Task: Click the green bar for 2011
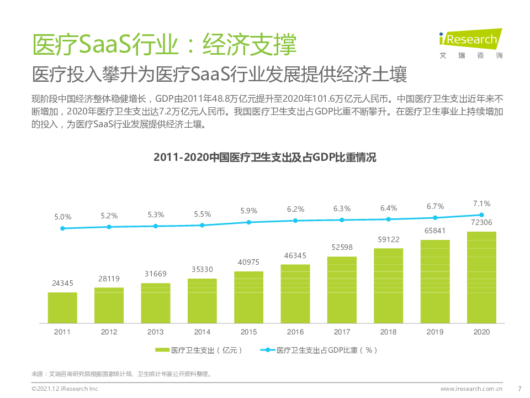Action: [x=62, y=307]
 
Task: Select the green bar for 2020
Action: [x=481, y=277]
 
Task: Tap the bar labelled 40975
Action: [x=248, y=297]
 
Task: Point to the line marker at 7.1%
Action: [x=481, y=215]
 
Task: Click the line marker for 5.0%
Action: [x=62, y=228]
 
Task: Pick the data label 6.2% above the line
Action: [x=295, y=210]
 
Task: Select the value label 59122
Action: [x=388, y=240]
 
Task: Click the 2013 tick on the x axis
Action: [x=156, y=332]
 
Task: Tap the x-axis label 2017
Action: [x=342, y=332]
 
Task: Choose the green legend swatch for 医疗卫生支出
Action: [x=162, y=350]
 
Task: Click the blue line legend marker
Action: [x=268, y=350]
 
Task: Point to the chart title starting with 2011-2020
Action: [x=265, y=158]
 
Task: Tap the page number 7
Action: [x=519, y=389]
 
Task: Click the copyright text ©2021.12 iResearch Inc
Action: [x=65, y=389]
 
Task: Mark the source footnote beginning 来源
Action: [x=121, y=374]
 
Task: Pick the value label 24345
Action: [x=62, y=284]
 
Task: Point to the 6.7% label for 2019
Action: [x=435, y=206]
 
